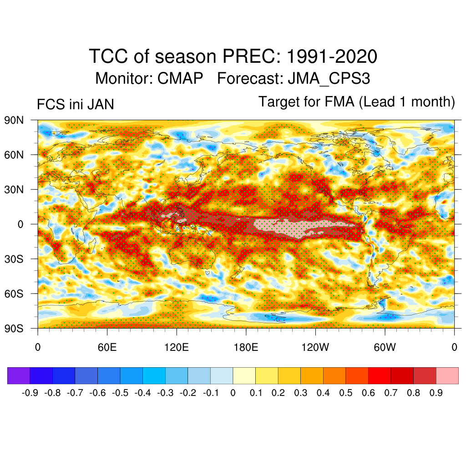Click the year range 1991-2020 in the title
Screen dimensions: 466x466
[x=332, y=57]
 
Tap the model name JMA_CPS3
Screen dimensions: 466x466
[x=329, y=78]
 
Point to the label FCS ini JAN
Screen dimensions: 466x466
[x=75, y=105]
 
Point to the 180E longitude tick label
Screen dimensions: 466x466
[x=246, y=348]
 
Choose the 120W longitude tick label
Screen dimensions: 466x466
[x=315, y=348]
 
